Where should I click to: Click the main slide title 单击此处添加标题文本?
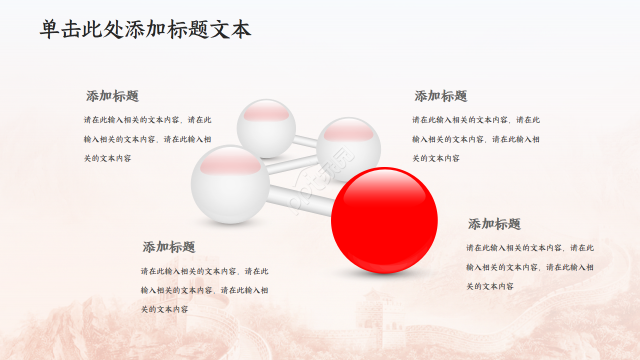(145, 29)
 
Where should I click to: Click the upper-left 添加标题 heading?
(112, 96)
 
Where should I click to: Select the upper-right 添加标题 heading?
(440, 96)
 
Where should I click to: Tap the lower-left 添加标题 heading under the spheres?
(169, 247)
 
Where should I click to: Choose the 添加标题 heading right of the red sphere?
(494, 224)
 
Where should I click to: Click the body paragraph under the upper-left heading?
(147, 139)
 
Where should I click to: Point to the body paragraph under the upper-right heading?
(476, 139)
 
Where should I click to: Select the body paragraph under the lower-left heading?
(204, 290)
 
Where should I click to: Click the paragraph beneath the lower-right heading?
(530, 267)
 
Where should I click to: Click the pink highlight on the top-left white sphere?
(266, 113)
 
